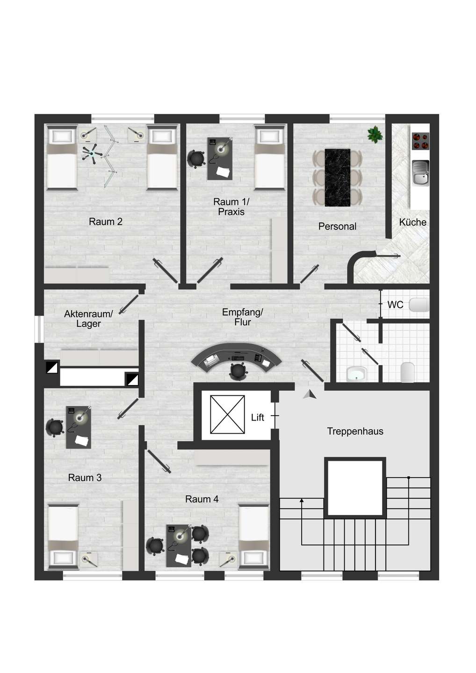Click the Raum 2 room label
click(106, 222)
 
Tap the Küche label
click(412, 222)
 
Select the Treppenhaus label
click(355, 431)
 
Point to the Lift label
click(258, 417)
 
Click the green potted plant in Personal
click(375, 134)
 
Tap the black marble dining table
click(338, 178)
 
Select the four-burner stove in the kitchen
click(420, 141)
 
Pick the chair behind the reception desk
click(239, 372)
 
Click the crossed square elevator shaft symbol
click(228, 415)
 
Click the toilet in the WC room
click(419, 305)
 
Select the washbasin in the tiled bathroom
click(357, 374)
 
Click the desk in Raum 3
click(79, 427)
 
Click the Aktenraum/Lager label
click(88, 319)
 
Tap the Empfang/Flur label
click(243, 317)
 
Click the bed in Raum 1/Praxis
click(269, 158)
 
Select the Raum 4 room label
click(202, 499)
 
